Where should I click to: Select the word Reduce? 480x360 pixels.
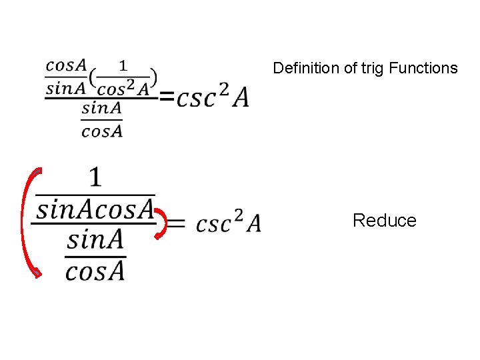[x=384, y=221]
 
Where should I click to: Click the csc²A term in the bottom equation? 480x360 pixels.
[x=228, y=223]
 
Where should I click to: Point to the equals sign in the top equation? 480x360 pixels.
[x=167, y=99]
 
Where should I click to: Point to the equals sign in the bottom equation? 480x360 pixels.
[x=175, y=224]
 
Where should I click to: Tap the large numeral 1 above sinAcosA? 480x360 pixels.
[x=96, y=178]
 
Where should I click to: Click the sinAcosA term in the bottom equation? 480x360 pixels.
[x=95, y=209]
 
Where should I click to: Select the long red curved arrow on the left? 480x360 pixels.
[x=27, y=223]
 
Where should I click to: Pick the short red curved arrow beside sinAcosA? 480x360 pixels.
[x=162, y=223]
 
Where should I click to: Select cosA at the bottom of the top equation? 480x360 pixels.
[x=102, y=131]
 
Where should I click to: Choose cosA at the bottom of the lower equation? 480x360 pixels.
[x=95, y=270]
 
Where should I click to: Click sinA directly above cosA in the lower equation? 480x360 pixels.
[x=95, y=239]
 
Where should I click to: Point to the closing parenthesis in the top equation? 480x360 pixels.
[x=153, y=77]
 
